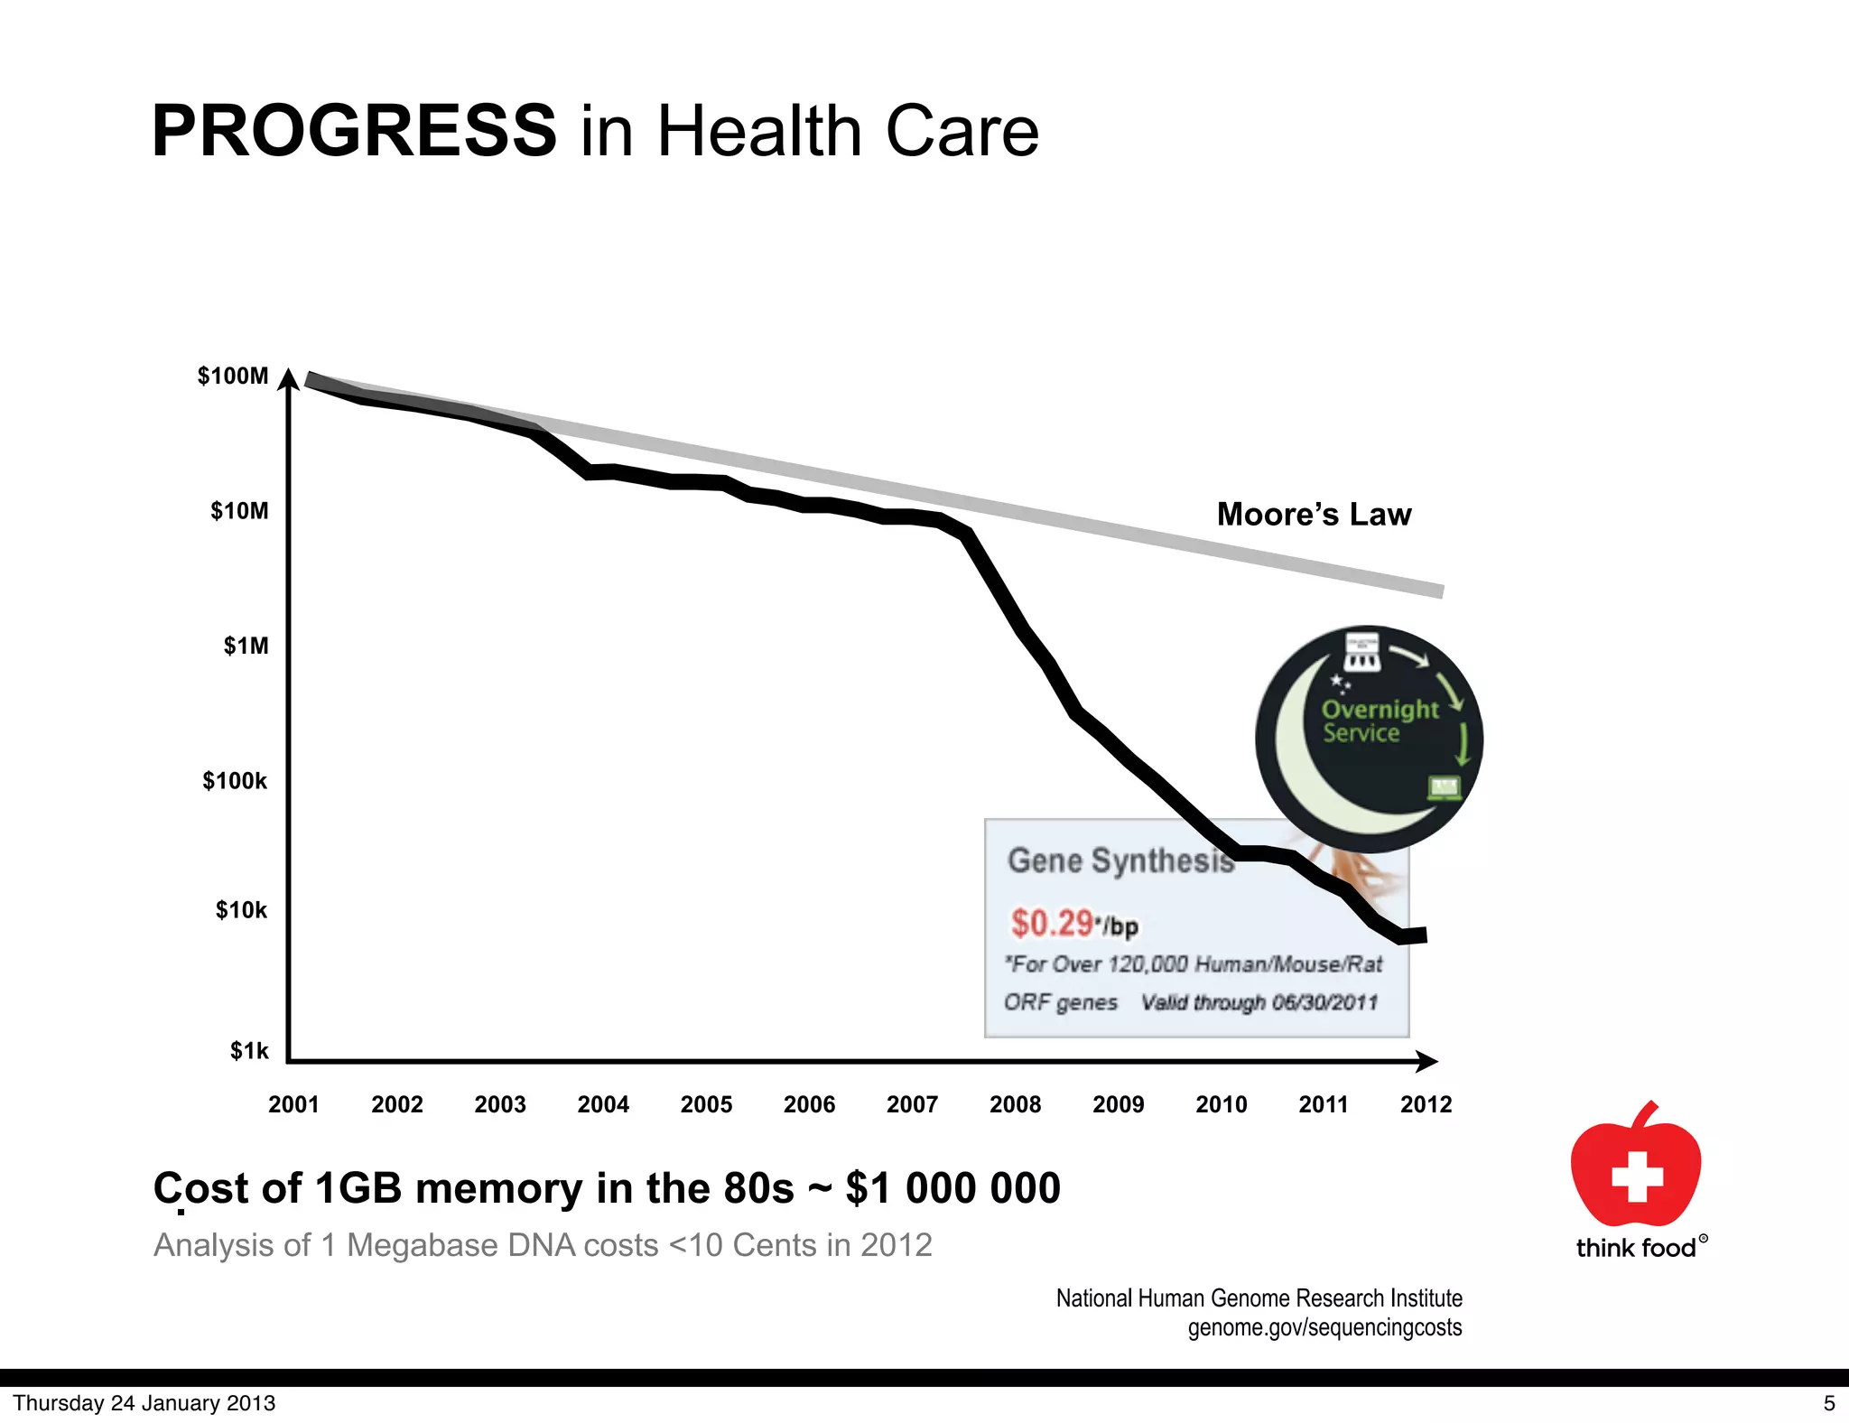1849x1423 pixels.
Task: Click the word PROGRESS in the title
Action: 354,131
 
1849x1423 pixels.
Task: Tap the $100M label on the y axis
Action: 233,376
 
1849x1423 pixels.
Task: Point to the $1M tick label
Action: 246,646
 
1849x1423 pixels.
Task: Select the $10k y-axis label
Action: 241,909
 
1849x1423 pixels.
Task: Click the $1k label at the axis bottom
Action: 248,1050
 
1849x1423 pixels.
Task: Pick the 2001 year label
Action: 293,1103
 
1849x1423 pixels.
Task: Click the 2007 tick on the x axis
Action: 912,1103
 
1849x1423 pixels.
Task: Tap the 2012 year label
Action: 1426,1103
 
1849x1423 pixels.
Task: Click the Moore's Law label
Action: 1314,514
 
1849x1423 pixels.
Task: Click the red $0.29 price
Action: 1052,923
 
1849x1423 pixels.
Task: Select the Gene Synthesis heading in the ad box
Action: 1120,860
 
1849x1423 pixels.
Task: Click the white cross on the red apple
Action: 1637,1176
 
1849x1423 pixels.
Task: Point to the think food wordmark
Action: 1636,1248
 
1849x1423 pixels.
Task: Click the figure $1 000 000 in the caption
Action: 952,1187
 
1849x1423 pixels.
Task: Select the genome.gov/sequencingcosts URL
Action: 1324,1327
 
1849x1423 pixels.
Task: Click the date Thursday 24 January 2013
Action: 144,1402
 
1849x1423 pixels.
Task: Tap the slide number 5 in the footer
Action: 1829,1402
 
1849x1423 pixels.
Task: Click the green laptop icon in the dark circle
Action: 1444,787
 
